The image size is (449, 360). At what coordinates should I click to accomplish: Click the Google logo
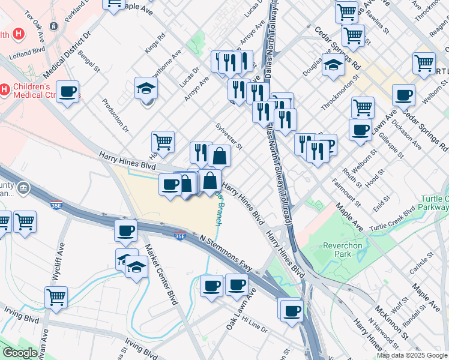click(20, 353)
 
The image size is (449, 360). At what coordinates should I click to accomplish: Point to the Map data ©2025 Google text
click(411, 355)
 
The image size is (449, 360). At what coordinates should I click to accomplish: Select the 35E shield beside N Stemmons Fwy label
click(179, 236)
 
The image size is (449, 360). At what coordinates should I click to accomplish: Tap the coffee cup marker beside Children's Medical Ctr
click(68, 92)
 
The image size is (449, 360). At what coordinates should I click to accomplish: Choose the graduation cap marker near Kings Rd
click(146, 89)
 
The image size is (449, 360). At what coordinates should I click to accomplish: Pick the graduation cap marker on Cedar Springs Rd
click(332, 65)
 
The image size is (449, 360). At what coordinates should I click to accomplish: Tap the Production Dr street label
click(116, 115)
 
